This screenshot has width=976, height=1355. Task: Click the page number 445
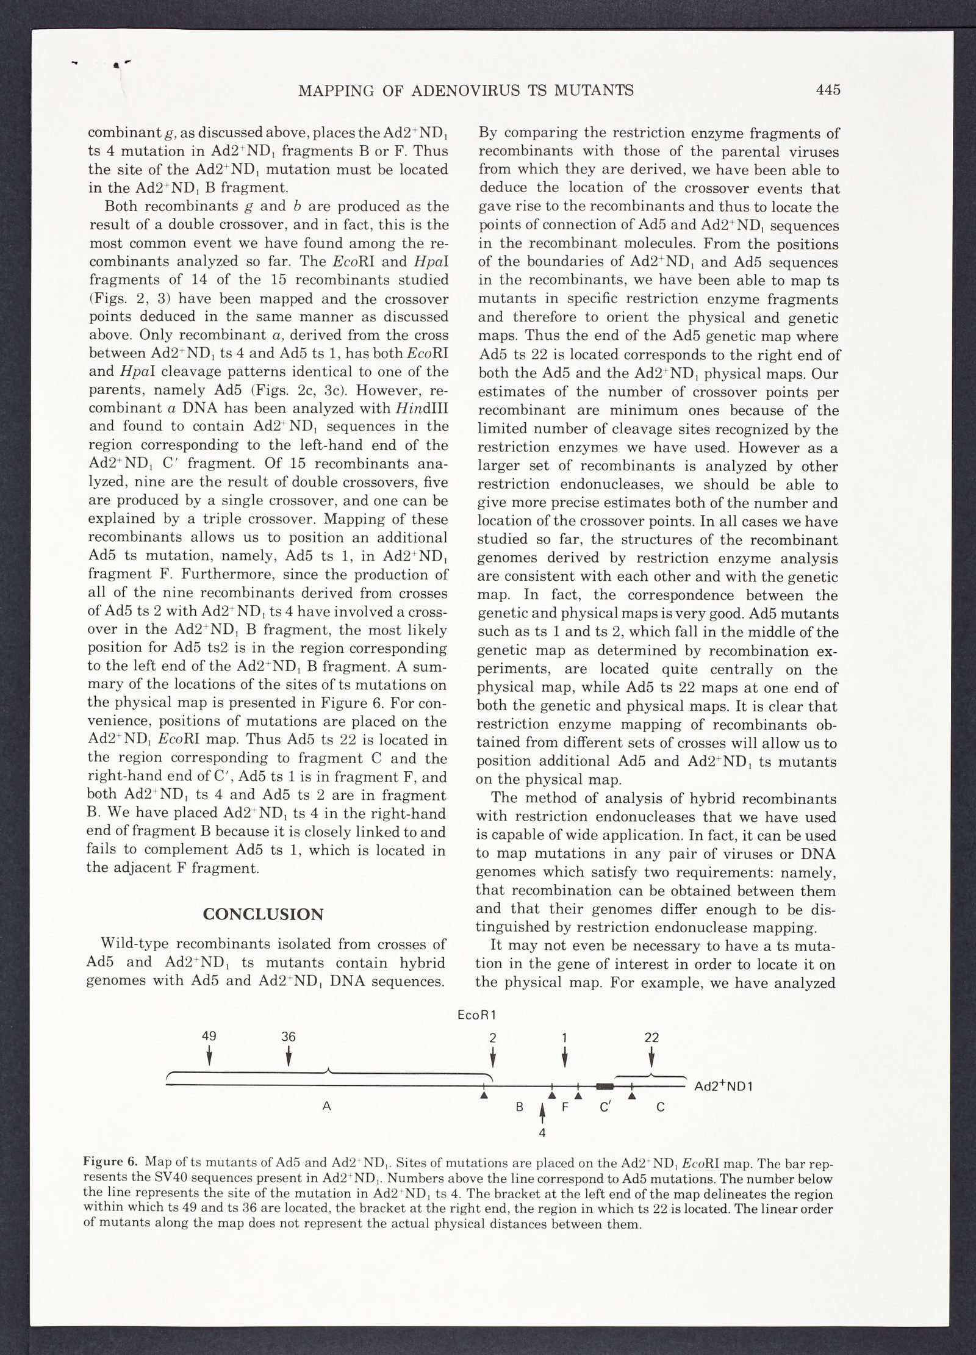[x=828, y=90]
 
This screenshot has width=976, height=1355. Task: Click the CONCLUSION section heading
[x=263, y=914]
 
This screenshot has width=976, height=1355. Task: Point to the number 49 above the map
[x=209, y=1037]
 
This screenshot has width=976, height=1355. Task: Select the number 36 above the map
[x=288, y=1037]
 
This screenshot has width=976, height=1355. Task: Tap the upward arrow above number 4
[x=542, y=1112]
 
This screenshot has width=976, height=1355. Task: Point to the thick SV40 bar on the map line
[x=605, y=1086]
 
